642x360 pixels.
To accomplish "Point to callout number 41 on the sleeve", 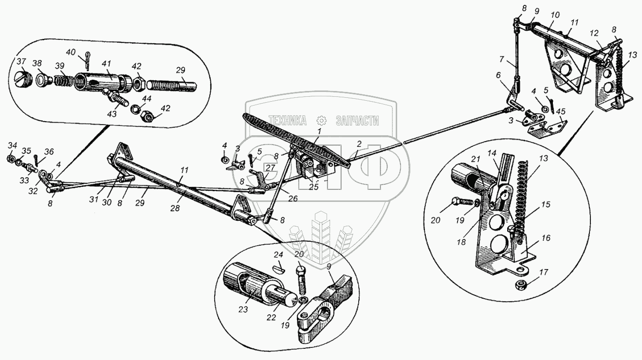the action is point(106,63).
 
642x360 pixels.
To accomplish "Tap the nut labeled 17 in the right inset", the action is point(521,285).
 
